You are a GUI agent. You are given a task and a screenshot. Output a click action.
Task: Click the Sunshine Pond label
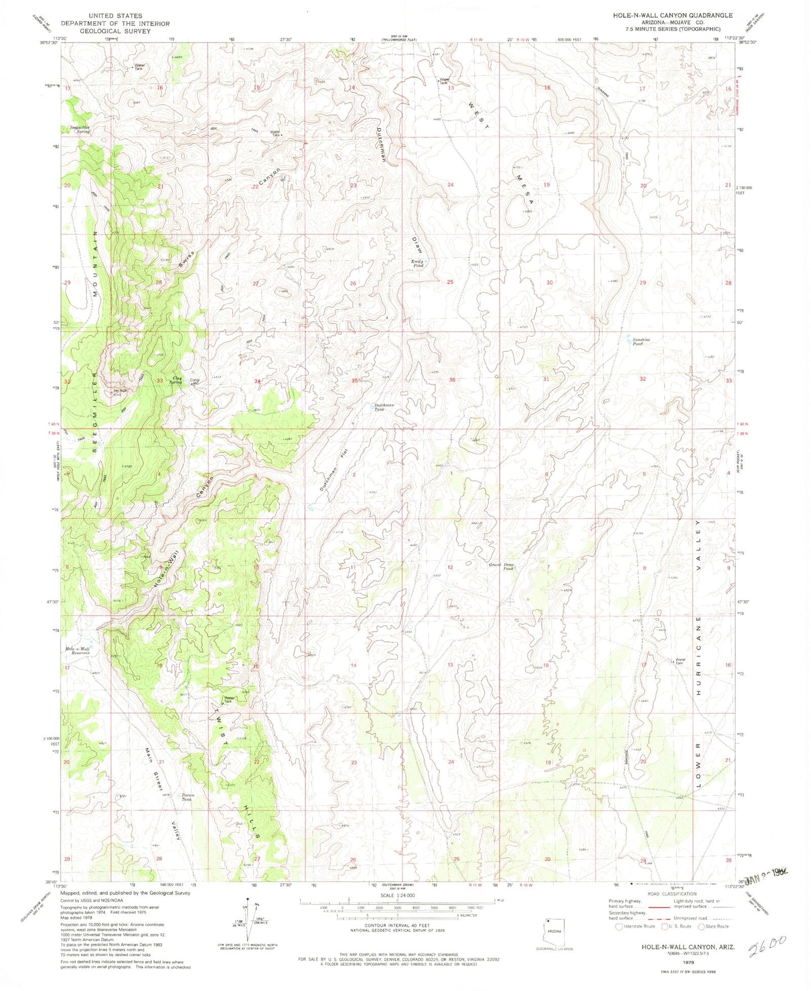click(641, 341)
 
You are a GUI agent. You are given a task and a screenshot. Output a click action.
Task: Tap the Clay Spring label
click(178, 380)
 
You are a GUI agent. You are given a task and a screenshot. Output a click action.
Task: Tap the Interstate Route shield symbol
click(620, 926)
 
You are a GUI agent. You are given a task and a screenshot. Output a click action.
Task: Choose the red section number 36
click(451, 380)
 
